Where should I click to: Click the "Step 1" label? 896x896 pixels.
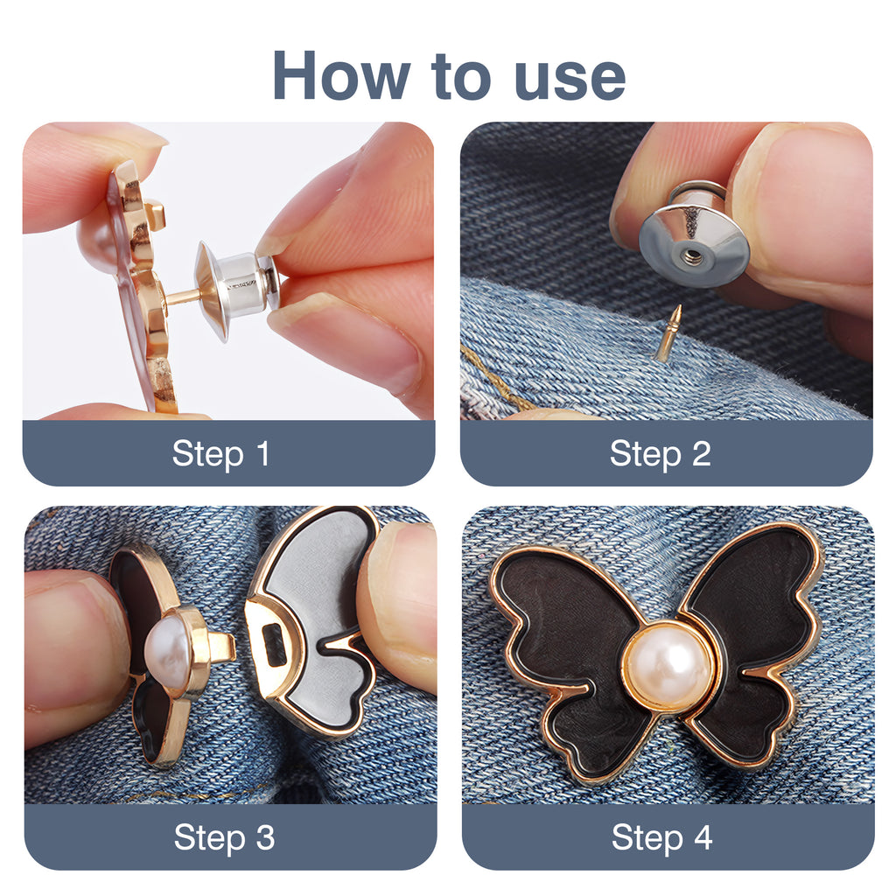[x=221, y=454]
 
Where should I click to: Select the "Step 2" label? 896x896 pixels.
[x=660, y=454]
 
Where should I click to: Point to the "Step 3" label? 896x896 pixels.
[x=224, y=837]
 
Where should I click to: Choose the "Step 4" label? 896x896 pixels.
[x=661, y=837]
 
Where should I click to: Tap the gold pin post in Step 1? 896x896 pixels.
[x=182, y=297]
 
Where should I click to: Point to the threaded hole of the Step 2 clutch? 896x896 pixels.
[x=691, y=255]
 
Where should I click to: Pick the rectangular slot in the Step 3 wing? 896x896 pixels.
[x=274, y=645]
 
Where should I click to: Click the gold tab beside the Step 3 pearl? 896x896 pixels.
[x=220, y=647]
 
